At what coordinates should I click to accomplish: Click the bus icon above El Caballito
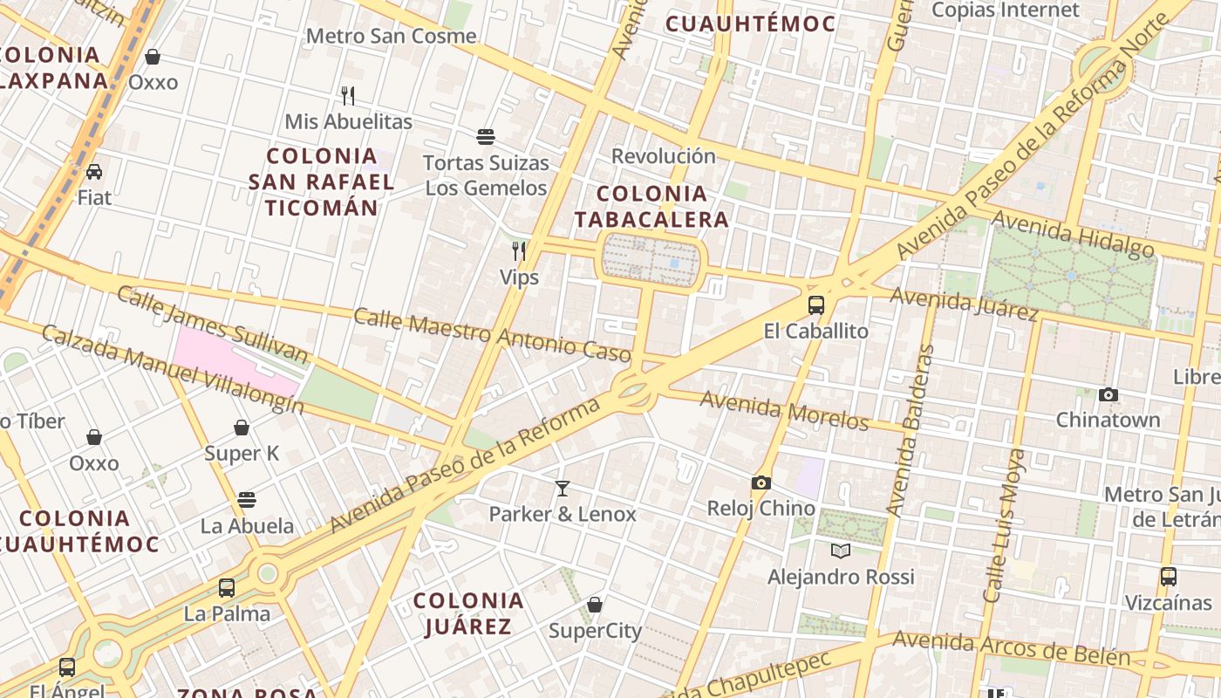pyautogui.click(x=816, y=305)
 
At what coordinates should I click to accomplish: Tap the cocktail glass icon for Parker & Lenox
pyautogui.click(x=563, y=489)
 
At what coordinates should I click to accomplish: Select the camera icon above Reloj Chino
pyautogui.click(x=761, y=482)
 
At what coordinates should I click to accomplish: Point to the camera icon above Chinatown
pyautogui.click(x=1108, y=394)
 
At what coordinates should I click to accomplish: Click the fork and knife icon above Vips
pyautogui.click(x=519, y=251)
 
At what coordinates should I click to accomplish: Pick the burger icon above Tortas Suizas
pyautogui.click(x=486, y=137)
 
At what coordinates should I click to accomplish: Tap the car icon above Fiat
pyautogui.click(x=94, y=172)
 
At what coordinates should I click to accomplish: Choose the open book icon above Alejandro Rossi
pyautogui.click(x=840, y=551)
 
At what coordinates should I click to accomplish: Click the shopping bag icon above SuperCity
pyautogui.click(x=595, y=605)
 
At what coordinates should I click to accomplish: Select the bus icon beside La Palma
pyautogui.click(x=227, y=588)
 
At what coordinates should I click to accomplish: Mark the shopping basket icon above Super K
pyautogui.click(x=242, y=428)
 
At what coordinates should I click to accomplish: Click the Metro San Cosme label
pyautogui.click(x=392, y=36)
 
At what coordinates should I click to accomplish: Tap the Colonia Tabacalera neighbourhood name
pyautogui.click(x=651, y=206)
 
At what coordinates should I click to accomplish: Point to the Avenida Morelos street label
pyautogui.click(x=784, y=411)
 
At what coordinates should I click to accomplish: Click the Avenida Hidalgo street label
pyautogui.click(x=1073, y=236)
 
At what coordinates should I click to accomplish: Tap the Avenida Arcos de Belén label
pyautogui.click(x=1011, y=648)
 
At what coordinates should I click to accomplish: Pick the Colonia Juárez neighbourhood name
pyautogui.click(x=468, y=613)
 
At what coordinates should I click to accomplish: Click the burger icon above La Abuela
pyautogui.click(x=247, y=500)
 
